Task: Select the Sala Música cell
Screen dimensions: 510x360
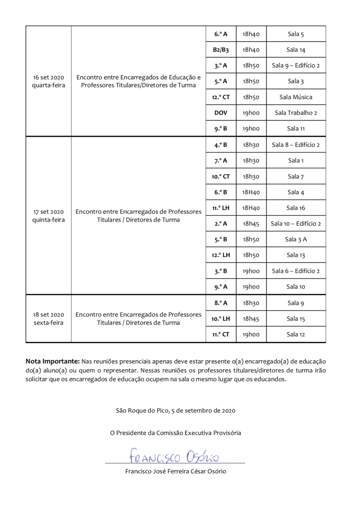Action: point(295,97)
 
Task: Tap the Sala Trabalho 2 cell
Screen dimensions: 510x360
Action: point(295,113)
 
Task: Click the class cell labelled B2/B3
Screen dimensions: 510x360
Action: point(221,50)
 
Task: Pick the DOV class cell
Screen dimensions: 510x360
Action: point(221,113)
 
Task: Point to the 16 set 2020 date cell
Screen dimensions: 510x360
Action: point(48,81)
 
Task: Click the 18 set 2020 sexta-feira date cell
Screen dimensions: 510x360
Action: point(48,319)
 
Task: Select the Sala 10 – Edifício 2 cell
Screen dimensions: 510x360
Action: point(295,224)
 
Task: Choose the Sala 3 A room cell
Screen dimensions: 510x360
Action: point(295,239)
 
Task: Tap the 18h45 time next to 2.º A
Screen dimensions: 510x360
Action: point(251,224)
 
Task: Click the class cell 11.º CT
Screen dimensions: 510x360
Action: point(221,335)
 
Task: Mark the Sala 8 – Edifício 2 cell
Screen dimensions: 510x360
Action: point(295,145)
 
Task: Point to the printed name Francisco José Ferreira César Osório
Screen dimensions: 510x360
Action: point(176,471)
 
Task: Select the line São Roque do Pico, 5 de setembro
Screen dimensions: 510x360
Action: point(176,411)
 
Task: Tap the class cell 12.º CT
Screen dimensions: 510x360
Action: point(221,97)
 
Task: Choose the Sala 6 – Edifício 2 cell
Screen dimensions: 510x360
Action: point(295,271)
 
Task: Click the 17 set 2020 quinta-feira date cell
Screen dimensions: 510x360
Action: point(48,216)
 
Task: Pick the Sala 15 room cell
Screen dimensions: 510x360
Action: point(295,319)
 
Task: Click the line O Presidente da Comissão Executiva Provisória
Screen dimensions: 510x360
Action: point(176,433)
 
